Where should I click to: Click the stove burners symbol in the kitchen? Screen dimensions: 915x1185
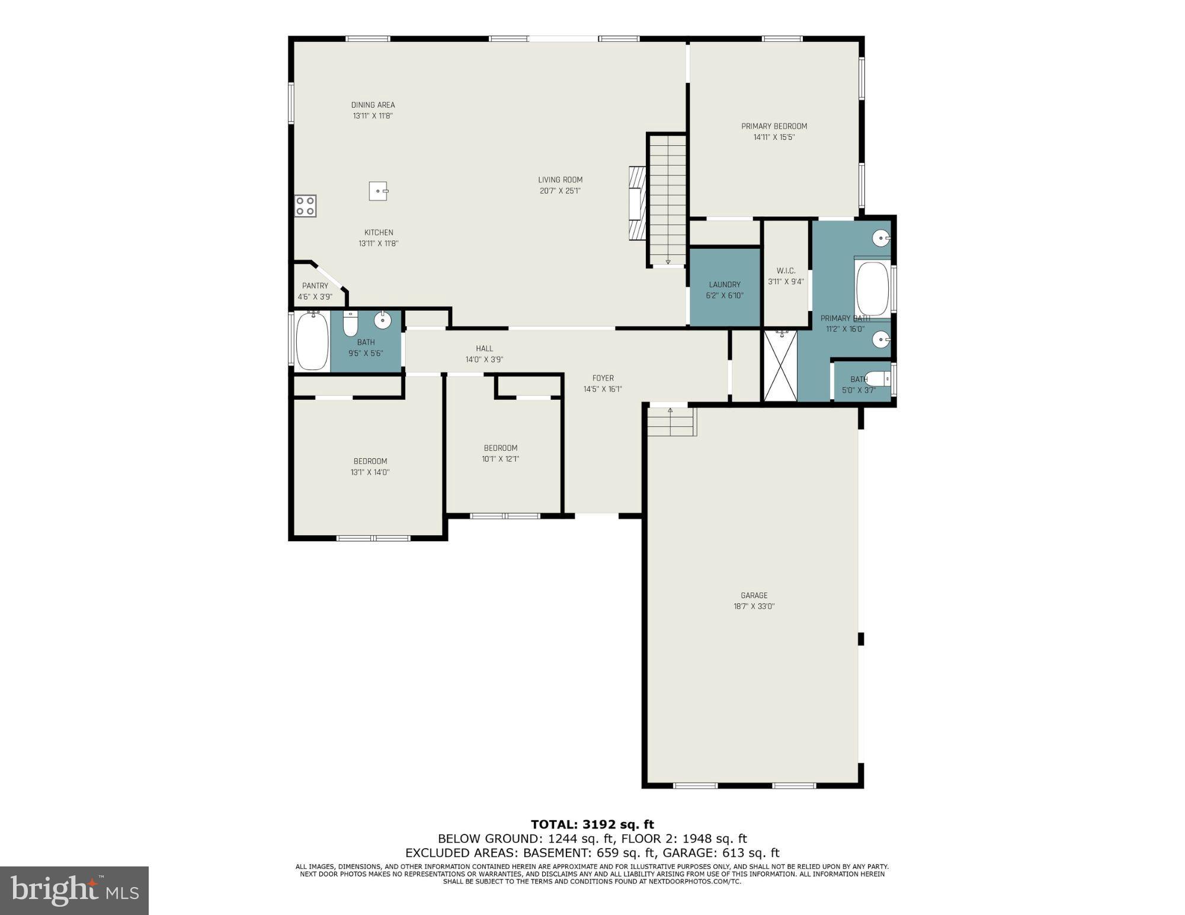click(x=306, y=206)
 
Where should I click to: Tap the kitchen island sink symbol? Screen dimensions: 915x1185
click(x=378, y=191)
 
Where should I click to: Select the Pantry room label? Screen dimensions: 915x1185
click(x=315, y=285)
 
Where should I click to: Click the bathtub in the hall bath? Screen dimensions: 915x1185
click(x=312, y=341)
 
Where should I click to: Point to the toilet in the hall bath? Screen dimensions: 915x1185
click(x=350, y=324)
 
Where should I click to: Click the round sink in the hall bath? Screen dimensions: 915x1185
click(x=383, y=320)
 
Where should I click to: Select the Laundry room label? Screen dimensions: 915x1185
click(x=724, y=284)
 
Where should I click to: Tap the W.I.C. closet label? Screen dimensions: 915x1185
click(x=786, y=271)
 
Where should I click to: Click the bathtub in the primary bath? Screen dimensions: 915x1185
click(x=873, y=289)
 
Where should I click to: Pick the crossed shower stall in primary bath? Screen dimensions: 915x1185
click(x=780, y=366)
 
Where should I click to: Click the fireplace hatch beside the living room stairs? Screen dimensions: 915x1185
click(x=637, y=202)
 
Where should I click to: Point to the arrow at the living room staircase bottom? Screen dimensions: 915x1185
click(x=668, y=261)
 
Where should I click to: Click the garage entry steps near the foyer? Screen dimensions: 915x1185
click(x=671, y=422)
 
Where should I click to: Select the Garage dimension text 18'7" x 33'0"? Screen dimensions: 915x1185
click(x=754, y=606)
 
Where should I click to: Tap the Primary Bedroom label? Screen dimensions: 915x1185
click(x=774, y=126)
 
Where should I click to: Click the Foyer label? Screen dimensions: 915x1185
click(x=603, y=378)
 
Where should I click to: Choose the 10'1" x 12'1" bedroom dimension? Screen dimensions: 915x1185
click(x=500, y=458)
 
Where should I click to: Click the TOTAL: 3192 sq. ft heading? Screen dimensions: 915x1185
click(x=592, y=824)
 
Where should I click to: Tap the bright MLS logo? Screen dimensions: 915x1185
click(x=74, y=890)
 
